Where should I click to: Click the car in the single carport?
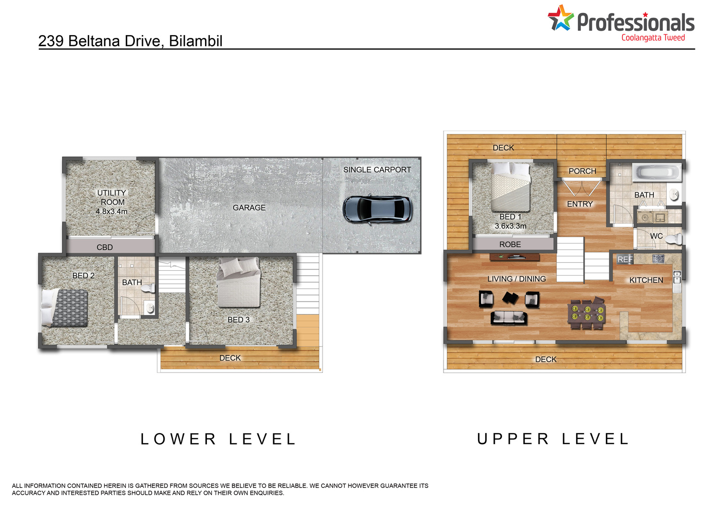pos(377,209)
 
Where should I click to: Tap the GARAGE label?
pos(249,208)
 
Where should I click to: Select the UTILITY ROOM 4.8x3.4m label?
pos(111,202)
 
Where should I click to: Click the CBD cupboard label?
pos(105,247)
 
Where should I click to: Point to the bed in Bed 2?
pos(65,308)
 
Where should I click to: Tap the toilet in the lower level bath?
pos(148,288)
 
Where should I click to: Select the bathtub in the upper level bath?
pos(657,172)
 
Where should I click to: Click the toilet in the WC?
pos(673,239)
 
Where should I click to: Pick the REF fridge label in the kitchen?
pos(625,259)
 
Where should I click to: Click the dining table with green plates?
pos(587,313)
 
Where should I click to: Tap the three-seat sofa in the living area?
pos(508,318)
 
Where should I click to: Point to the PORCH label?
pos(582,171)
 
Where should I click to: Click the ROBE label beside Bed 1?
pos(510,244)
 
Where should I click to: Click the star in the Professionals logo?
pos(561,18)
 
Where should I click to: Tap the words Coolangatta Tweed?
pos(653,38)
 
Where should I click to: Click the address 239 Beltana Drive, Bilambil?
pos(130,41)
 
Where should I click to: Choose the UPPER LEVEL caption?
pos(552,439)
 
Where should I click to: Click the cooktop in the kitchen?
pos(658,258)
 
